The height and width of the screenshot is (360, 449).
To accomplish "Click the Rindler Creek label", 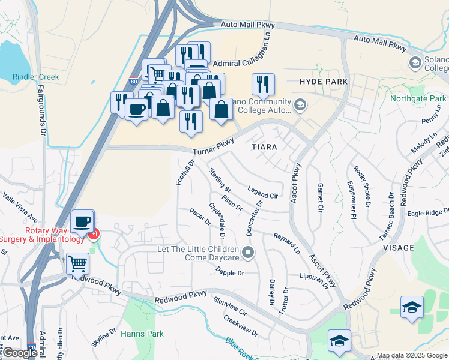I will (x=35, y=77).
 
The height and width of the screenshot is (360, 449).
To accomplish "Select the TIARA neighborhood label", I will (x=264, y=146).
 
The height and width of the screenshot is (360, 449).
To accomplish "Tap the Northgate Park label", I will (x=418, y=98).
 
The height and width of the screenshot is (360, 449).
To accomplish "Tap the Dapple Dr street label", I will (x=230, y=272).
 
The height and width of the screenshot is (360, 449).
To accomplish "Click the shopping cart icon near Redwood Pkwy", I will (x=77, y=263).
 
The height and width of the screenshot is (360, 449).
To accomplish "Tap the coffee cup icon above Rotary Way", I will (x=82, y=221).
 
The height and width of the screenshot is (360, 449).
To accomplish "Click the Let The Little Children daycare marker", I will (x=249, y=252).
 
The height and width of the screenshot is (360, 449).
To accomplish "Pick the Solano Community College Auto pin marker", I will (x=300, y=106).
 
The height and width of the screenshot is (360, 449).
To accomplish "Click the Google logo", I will (x=20, y=353).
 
